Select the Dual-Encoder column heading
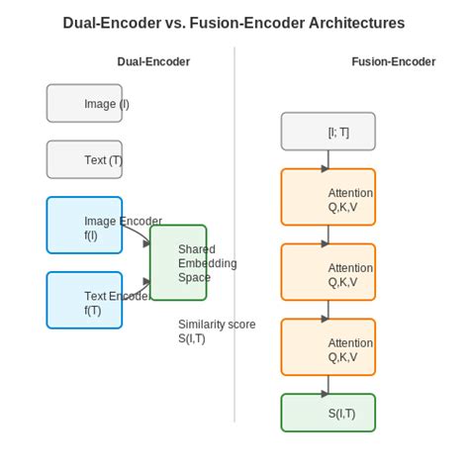(x=153, y=61)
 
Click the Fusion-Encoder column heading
(x=393, y=61)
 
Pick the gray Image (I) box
(x=84, y=103)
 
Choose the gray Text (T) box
(x=84, y=159)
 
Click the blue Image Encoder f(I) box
(x=84, y=225)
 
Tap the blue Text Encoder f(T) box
(x=84, y=300)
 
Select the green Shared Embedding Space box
(x=178, y=262)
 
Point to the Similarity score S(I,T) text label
(x=217, y=331)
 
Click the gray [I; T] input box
(x=328, y=131)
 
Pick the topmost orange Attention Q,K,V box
(x=328, y=197)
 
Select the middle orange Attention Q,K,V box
(x=328, y=272)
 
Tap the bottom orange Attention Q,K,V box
(x=328, y=347)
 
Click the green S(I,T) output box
(x=328, y=413)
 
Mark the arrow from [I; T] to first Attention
(x=328, y=159)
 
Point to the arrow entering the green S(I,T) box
(x=328, y=385)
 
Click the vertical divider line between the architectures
(x=234, y=237)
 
